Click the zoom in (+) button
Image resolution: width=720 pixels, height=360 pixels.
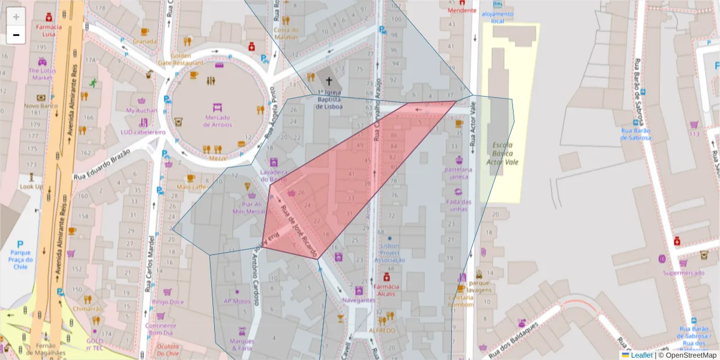click(x=16, y=17)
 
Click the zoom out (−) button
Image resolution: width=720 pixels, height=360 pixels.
click(x=16, y=35)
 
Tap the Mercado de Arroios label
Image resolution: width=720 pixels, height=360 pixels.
click(x=217, y=121)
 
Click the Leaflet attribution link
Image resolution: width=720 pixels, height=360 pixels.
click(x=641, y=355)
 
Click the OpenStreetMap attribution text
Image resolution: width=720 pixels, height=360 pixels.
click(x=686, y=355)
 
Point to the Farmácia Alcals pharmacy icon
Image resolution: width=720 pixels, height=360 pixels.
click(x=387, y=277)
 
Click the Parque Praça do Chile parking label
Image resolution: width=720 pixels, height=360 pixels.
click(x=20, y=259)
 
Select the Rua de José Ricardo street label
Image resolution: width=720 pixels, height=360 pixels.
click(x=299, y=229)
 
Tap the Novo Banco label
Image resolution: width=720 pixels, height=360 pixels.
click(x=40, y=106)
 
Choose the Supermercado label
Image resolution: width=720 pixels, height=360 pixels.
click(x=683, y=273)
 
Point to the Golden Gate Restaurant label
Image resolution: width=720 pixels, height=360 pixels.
click(x=181, y=59)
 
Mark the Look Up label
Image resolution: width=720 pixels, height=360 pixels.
click(x=31, y=187)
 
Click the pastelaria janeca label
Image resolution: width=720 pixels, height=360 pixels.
click(x=459, y=173)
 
